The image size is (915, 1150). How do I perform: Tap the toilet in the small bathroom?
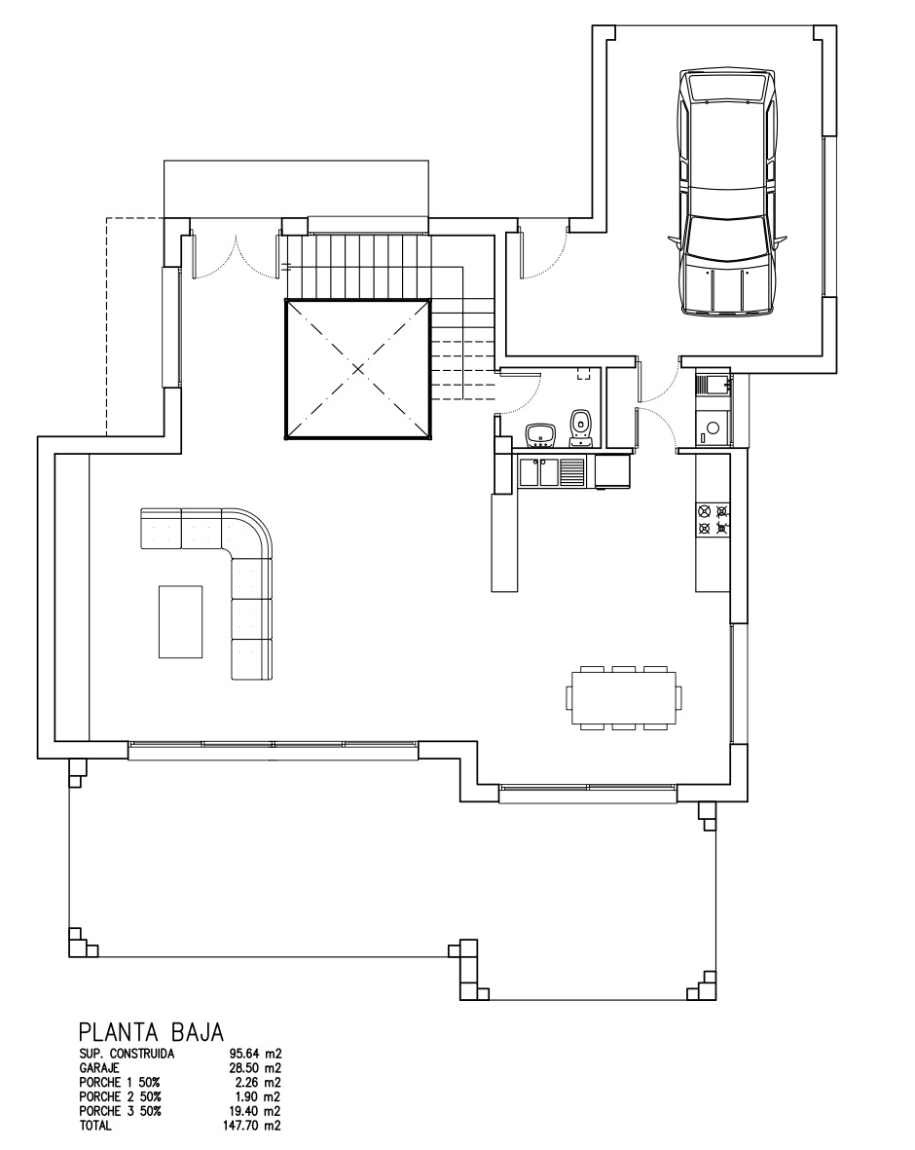click(x=580, y=427)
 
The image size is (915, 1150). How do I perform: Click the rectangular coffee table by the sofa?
click(x=181, y=620)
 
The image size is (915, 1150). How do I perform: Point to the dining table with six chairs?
click(x=625, y=697)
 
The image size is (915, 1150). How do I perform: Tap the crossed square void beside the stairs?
click(x=357, y=369)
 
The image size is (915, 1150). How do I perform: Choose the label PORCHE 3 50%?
click(x=121, y=1111)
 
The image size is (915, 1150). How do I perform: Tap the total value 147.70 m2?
click(x=252, y=1126)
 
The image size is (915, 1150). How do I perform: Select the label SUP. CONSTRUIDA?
click(x=128, y=1054)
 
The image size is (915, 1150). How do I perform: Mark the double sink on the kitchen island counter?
click(x=541, y=472)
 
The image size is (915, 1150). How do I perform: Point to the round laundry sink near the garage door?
click(x=713, y=427)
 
